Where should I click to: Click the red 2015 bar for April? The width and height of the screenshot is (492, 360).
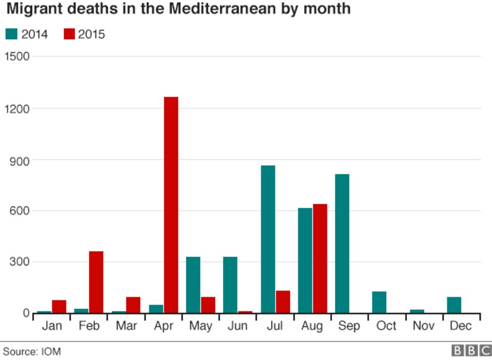click(171, 205)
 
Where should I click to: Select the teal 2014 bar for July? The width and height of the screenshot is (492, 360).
click(268, 239)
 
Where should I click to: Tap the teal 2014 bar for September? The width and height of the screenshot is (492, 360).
click(342, 244)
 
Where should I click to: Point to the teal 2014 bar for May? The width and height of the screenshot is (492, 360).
click(193, 285)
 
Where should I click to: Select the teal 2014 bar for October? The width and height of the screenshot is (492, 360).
click(379, 302)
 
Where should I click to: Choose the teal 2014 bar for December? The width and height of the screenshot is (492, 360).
click(454, 305)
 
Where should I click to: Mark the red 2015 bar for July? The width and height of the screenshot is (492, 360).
click(283, 302)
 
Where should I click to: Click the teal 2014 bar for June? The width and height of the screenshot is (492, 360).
click(230, 285)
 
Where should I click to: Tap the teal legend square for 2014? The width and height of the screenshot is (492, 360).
click(11, 34)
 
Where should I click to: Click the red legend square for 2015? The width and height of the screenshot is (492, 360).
click(69, 34)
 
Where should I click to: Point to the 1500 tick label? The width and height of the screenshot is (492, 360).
click(17, 56)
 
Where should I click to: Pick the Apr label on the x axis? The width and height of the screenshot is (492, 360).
click(163, 326)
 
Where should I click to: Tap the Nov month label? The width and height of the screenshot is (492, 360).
click(423, 326)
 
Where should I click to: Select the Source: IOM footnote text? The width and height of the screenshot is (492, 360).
click(32, 351)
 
